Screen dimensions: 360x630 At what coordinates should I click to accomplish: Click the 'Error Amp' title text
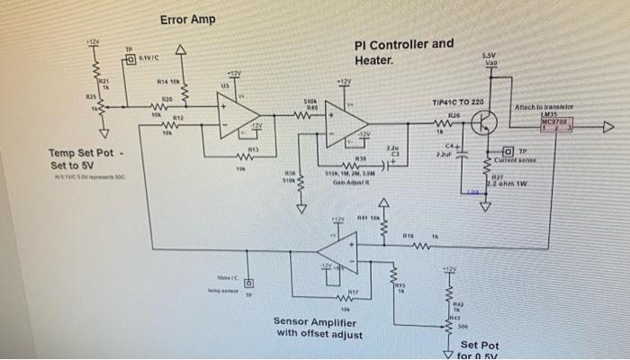187,20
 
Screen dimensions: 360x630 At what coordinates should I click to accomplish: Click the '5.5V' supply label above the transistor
492,56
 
